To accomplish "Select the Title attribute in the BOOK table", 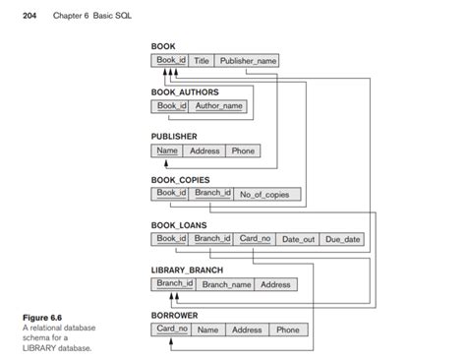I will click(202, 61).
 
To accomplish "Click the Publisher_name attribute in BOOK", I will click(248, 61).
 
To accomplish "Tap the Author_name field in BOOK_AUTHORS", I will click(218, 106).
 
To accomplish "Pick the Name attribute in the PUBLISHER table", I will click(167, 150).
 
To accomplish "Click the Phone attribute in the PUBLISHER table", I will click(243, 150).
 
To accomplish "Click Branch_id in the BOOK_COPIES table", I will click(211, 194).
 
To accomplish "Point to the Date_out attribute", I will click(298, 239).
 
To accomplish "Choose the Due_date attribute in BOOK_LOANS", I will click(343, 239).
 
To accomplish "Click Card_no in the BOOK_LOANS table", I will click(255, 238).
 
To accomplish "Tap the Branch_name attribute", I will click(225, 284).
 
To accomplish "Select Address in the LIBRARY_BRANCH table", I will click(275, 284).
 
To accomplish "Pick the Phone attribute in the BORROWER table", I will click(287, 330).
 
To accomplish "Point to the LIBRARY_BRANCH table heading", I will click(187, 270).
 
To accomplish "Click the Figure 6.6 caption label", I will click(42, 317).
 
